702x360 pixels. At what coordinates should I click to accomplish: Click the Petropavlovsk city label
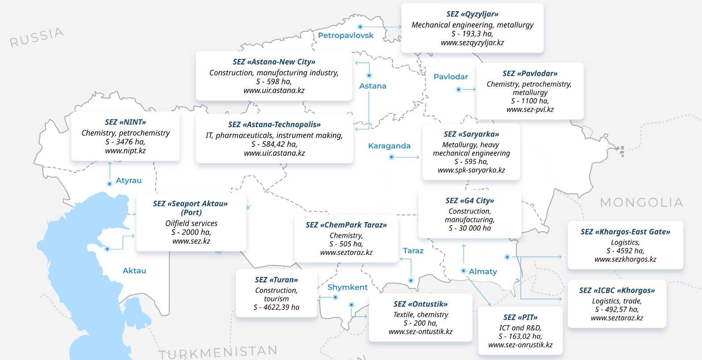tap(345, 35)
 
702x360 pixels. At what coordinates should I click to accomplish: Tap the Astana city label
tap(373, 86)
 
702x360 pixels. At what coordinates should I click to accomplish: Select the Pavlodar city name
tap(451, 77)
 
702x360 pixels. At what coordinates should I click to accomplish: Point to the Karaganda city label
tap(389, 146)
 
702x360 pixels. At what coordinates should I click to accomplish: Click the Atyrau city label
tap(129, 181)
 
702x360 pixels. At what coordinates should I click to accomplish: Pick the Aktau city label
tap(134, 271)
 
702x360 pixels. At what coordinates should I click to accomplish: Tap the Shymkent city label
tap(347, 287)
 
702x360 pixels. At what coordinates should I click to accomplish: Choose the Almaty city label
tap(483, 272)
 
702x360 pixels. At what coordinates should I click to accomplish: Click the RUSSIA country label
tap(37, 37)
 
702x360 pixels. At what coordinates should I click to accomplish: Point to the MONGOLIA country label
tap(641, 203)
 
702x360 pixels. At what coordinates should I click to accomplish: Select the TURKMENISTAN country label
tap(218, 352)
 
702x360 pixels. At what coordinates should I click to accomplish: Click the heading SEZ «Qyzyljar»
tap(472, 14)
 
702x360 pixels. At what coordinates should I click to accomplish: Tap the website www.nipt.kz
tap(125, 151)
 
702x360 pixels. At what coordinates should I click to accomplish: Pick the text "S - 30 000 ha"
tap(469, 228)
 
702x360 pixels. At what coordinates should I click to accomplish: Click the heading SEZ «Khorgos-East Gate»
tap(625, 232)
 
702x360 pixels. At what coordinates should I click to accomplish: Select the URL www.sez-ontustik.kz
tap(420, 331)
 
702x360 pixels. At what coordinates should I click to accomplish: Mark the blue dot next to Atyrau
tap(109, 184)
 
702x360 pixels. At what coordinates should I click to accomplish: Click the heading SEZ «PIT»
tap(520, 318)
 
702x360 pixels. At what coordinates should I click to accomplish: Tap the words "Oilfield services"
tap(191, 223)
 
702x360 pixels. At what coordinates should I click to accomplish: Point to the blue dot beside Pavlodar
tap(458, 90)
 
